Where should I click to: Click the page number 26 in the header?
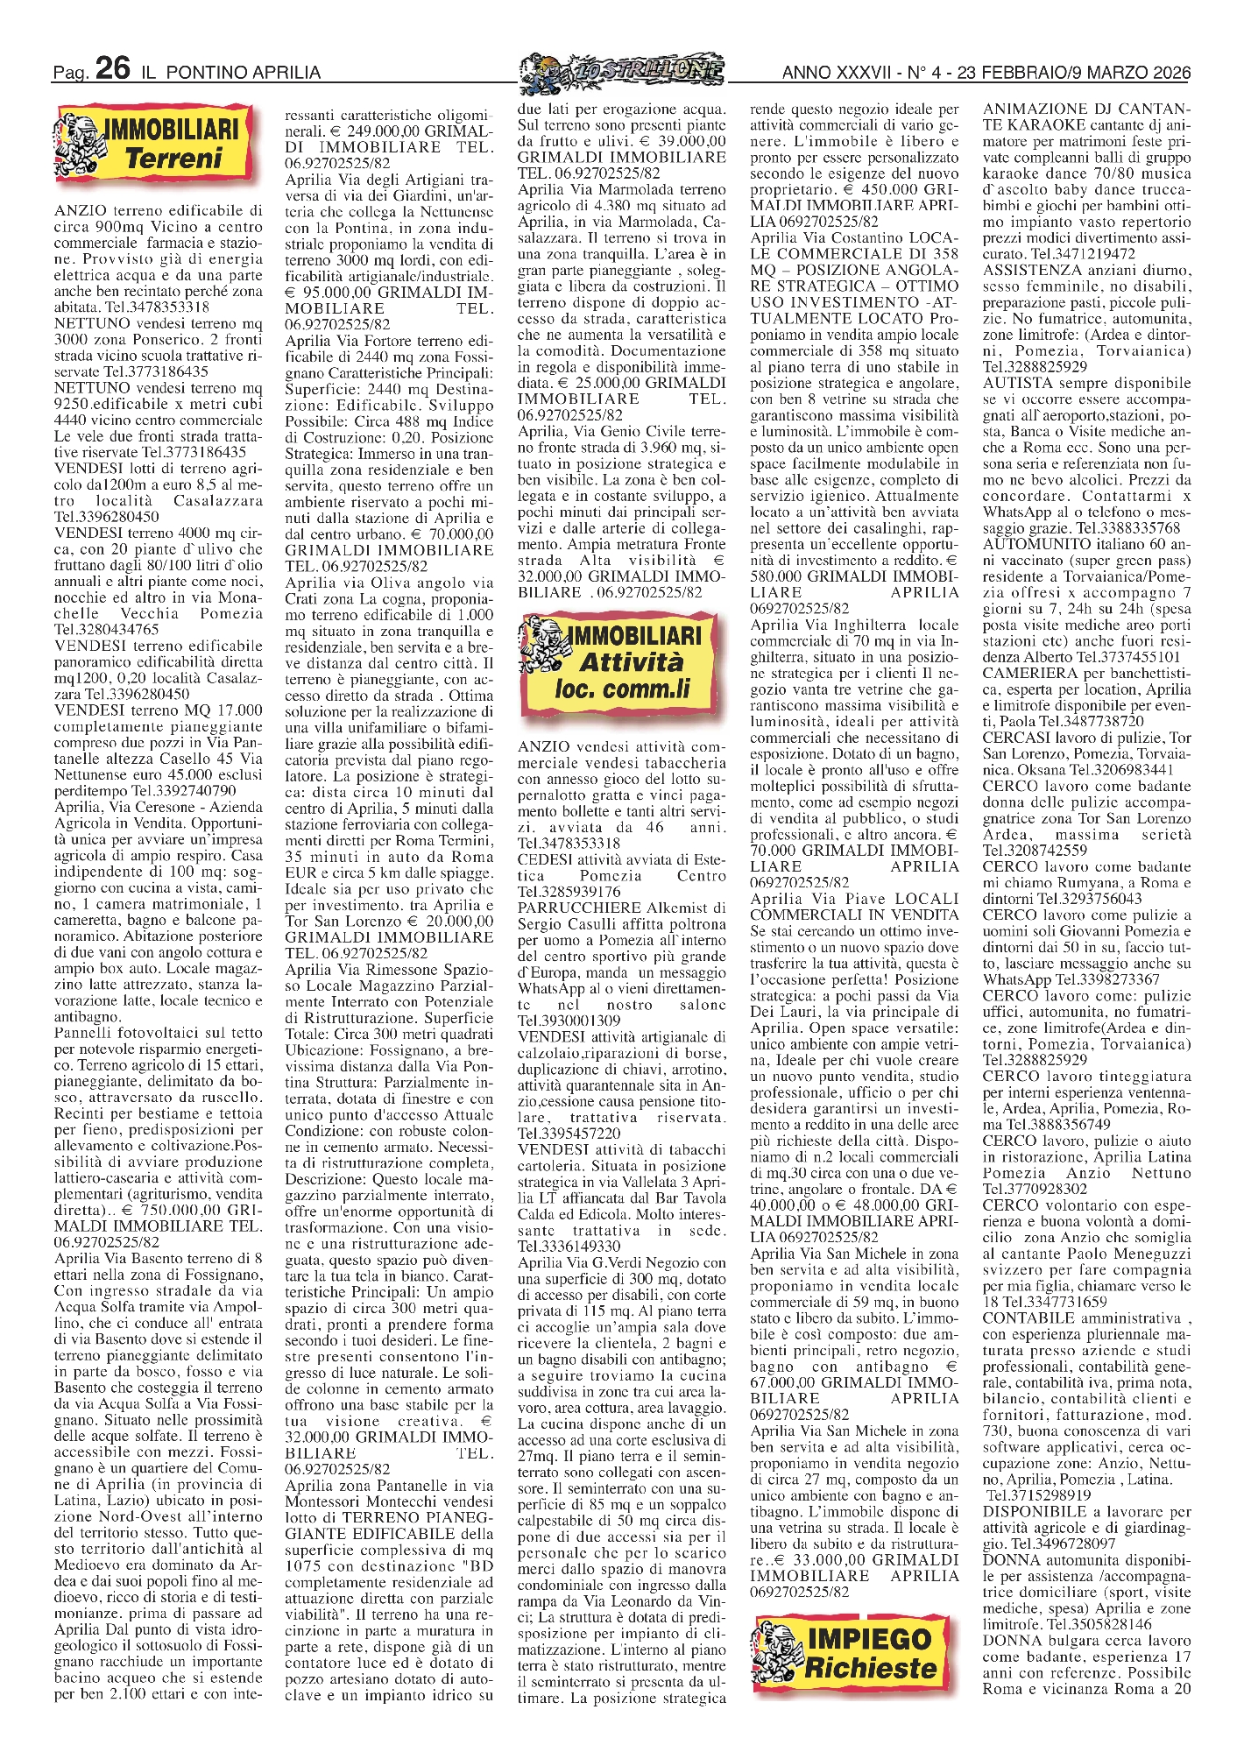(x=113, y=68)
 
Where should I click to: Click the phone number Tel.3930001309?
(x=569, y=1021)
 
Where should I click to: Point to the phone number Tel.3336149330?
(x=569, y=1247)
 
